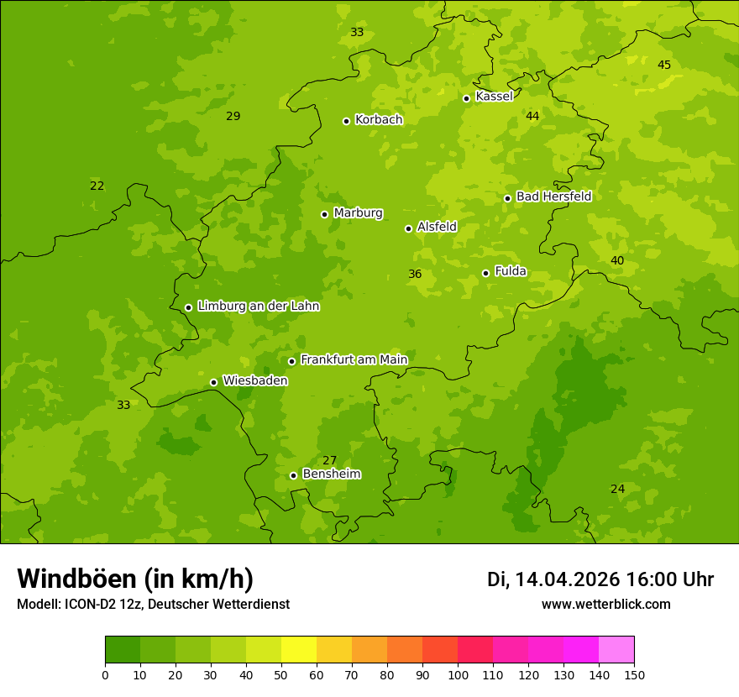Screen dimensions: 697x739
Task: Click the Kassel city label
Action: point(494,97)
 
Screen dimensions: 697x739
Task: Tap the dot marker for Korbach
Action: point(346,121)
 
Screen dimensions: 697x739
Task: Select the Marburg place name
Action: point(358,213)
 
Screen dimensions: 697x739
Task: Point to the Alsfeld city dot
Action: point(408,228)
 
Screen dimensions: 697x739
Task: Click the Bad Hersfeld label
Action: point(553,197)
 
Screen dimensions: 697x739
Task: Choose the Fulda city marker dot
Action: point(485,273)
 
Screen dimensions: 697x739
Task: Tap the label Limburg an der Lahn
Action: point(258,307)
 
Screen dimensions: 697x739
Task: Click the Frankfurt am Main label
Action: point(354,360)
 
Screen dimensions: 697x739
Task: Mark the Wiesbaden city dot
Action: point(213,382)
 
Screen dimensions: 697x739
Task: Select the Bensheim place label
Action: point(331,474)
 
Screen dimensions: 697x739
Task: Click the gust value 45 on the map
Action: point(664,66)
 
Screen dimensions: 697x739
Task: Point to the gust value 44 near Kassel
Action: point(532,116)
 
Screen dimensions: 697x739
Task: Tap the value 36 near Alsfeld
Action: point(415,274)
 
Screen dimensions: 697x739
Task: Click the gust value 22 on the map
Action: point(97,186)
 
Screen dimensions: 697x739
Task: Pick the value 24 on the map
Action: point(617,489)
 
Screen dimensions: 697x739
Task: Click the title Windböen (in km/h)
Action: point(135,579)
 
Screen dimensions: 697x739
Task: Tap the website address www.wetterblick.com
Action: point(605,605)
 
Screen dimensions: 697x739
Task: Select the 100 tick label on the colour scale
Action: point(458,675)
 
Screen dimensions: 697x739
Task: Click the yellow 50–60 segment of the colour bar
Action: point(299,650)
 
